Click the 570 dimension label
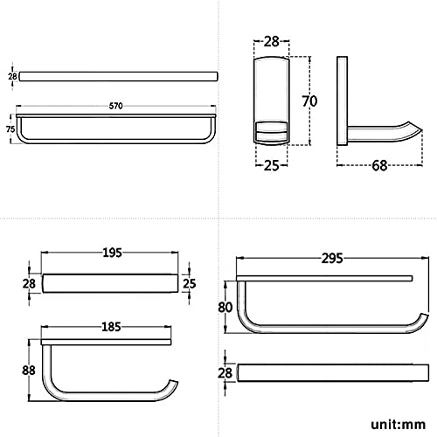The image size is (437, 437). [x=115, y=106]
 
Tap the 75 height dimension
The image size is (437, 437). [x=10, y=128]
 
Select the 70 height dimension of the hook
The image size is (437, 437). [x=309, y=101]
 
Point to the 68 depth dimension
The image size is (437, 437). [x=379, y=165]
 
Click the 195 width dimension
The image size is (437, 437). [x=112, y=253]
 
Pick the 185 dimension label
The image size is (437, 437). [x=111, y=327]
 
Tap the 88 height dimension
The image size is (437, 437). [x=29, y=371]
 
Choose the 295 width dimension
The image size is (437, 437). [x=332, y=258]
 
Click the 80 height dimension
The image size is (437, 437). [x=225, y=307]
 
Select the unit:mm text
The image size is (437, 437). [x=398, y=425]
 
